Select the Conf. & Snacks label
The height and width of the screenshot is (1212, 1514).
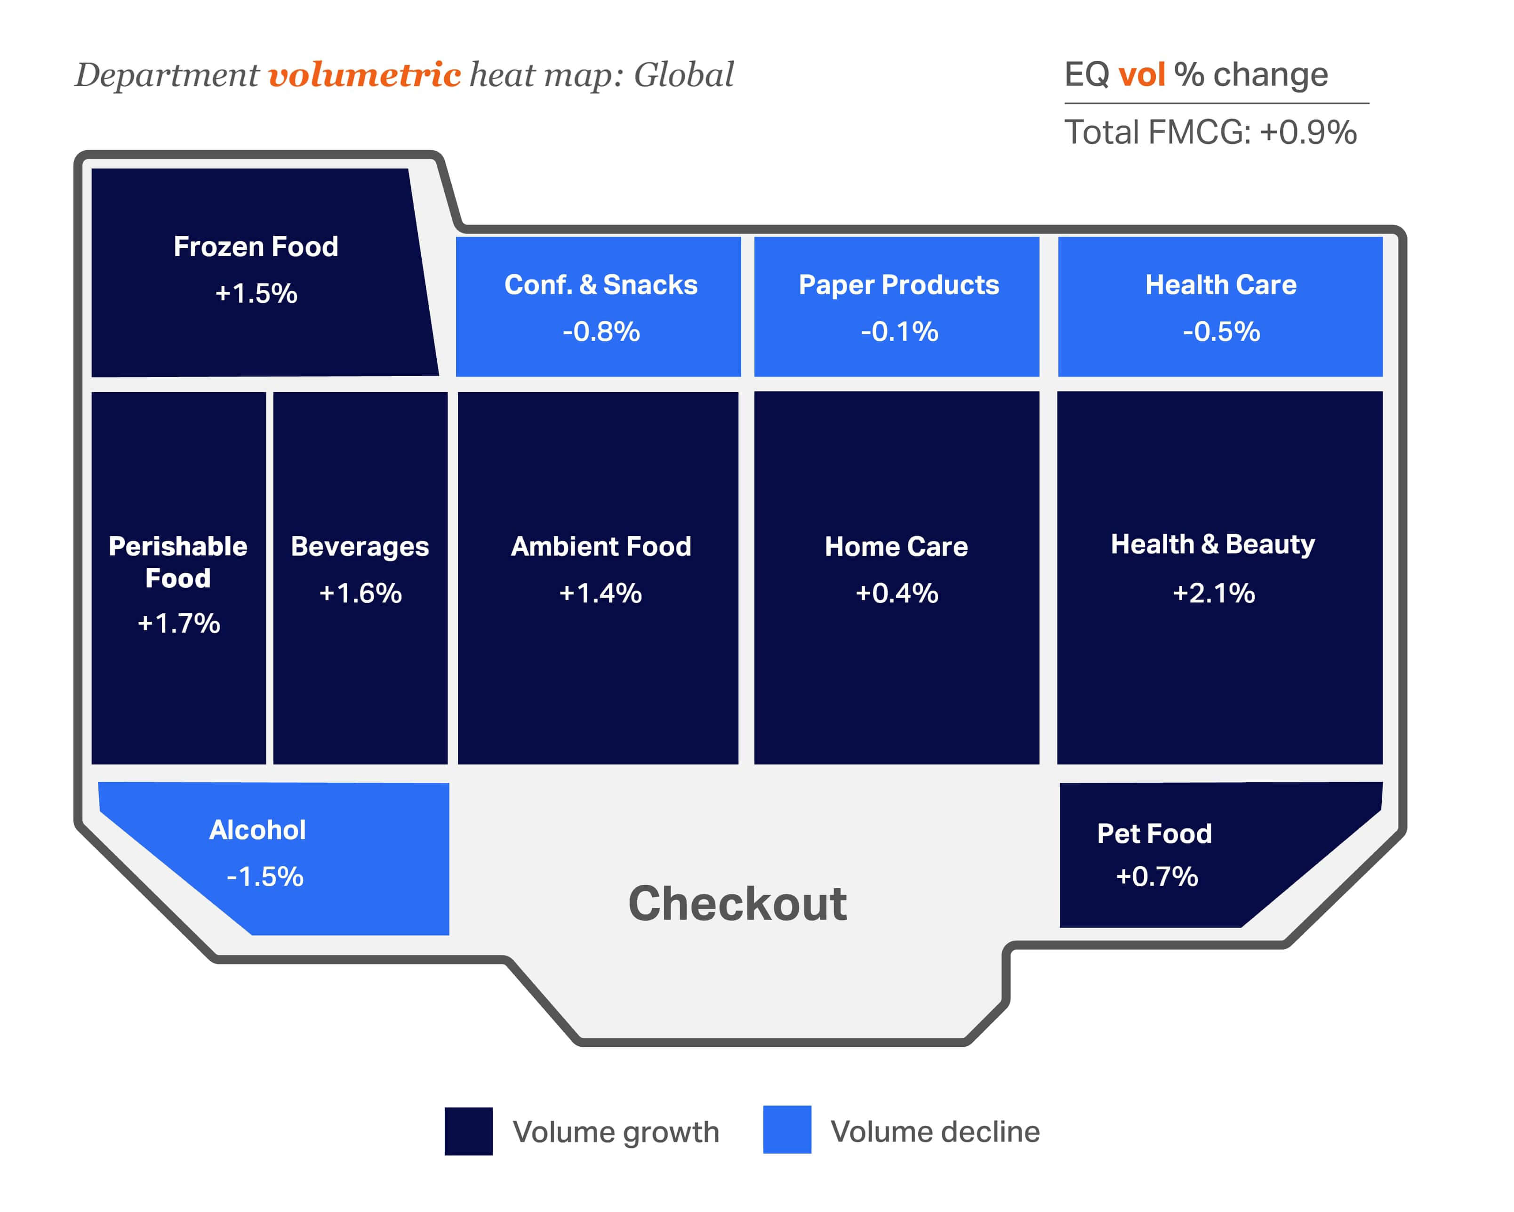point(601,284)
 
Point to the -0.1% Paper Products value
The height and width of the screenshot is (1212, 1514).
point(899,331)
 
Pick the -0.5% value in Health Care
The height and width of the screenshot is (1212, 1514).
point(1221,331)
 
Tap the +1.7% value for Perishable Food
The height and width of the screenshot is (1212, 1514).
point(178,623)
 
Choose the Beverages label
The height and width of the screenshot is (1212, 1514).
point(360,547)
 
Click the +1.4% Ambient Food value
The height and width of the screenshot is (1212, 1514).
point(601,594)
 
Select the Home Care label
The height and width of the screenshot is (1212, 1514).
point(896,546)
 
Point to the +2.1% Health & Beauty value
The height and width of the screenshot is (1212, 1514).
point(1213,594)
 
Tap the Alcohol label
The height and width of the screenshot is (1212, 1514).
point(258,830)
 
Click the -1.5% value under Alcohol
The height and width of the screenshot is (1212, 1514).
point(265,876)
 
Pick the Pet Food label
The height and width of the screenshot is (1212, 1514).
point(1154,834)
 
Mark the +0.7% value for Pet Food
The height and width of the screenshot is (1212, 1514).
point(1157,876)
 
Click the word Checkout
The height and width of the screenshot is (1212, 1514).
point(737,903)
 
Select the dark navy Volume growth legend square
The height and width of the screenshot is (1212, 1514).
point(468,1131)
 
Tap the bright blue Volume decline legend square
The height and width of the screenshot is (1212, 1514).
point(787,1130)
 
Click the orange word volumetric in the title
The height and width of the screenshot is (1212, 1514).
point(364,74)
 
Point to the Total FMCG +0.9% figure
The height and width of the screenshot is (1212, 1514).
point(1210,133)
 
